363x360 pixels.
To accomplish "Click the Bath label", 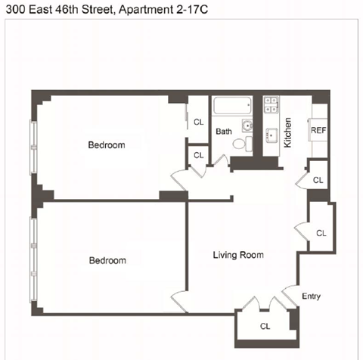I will [224, 132].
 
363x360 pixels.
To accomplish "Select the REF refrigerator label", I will [318, 130].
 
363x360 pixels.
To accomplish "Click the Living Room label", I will [238, 255].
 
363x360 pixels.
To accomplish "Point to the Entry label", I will [312, 296].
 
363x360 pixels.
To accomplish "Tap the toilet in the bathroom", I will [239, 143].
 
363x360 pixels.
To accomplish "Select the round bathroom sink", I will [247, 125].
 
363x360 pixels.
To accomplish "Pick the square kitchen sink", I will [271, 136].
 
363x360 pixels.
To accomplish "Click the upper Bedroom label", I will [106, 145].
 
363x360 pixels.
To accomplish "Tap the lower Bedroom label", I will [107, 261].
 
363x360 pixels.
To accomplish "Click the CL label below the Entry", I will [265, 327].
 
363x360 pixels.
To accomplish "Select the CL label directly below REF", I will [318, 181].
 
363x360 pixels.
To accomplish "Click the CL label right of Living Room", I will [321, 233].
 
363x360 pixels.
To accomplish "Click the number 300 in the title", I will [14, 9].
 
